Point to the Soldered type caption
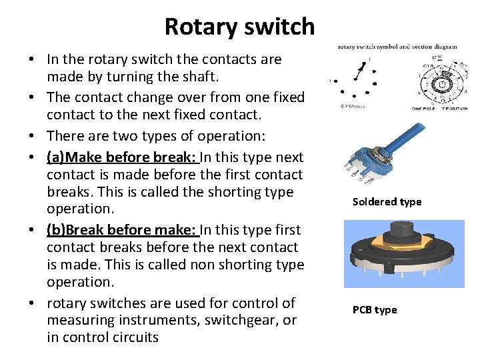[387, 202]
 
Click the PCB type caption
[375, 310]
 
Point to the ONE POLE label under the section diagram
[424, 107]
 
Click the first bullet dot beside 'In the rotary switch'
[32, 59]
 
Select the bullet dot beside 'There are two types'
[32, 136]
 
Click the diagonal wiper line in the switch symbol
[360, 69]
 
